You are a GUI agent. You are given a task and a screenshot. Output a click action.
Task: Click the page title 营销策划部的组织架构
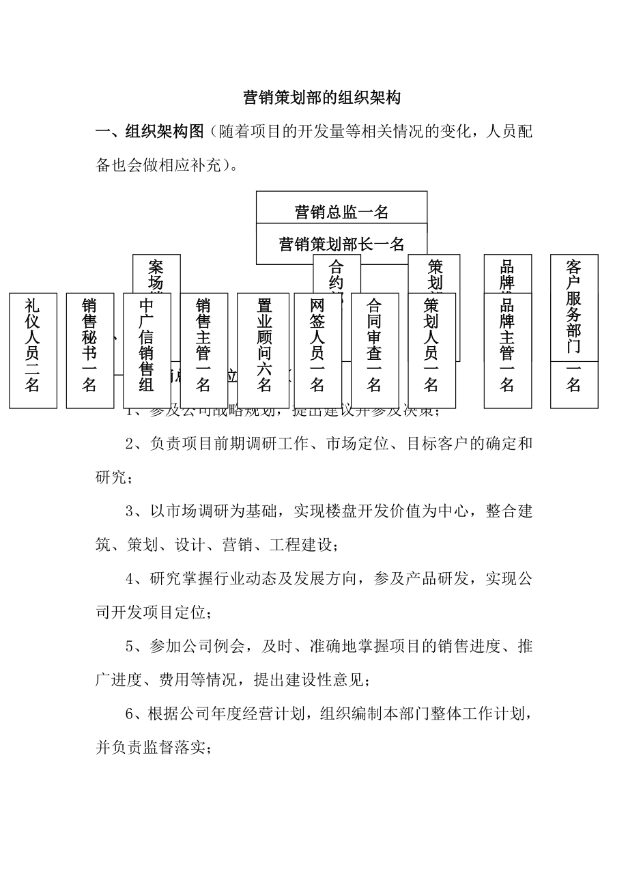(x=322, y=98)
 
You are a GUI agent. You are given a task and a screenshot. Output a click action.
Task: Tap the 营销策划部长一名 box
(x=341, y=244)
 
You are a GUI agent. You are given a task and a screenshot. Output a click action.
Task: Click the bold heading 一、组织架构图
(x=149, y=132)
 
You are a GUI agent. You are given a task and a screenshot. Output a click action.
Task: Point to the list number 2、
(x=136, y=444)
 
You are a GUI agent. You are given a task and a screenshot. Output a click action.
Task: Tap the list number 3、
(x=136, y=511)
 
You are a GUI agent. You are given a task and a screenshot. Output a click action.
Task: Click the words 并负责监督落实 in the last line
(x=150, y=747)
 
